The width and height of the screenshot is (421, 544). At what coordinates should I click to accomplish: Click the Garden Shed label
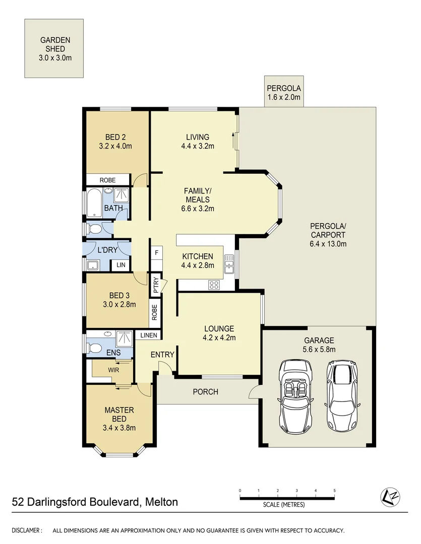[x=54, y=49]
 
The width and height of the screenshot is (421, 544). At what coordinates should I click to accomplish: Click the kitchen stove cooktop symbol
[x=214, y=285]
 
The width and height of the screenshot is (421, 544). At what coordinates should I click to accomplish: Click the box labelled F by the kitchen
[x=157, y=252]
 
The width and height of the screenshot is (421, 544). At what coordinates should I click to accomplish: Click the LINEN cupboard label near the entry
[x=149, y=335]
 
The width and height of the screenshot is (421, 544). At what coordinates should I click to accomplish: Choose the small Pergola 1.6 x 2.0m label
[x=283, y=93]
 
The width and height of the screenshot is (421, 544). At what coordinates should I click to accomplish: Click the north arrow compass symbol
[x=388, y=497]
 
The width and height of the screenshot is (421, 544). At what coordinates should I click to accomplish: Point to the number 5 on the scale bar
[x=334, y=490]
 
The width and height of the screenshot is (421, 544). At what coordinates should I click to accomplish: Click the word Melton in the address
[x=161, y=502]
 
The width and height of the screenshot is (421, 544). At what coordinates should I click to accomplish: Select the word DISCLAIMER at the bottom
[x=27, y=530]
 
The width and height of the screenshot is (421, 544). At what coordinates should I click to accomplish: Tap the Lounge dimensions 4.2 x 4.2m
[x=219, y=338]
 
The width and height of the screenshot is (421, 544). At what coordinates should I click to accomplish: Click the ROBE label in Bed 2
[x=107, y=180]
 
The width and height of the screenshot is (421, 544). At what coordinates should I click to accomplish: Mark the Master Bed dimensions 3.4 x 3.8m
[x=119, y=428]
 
